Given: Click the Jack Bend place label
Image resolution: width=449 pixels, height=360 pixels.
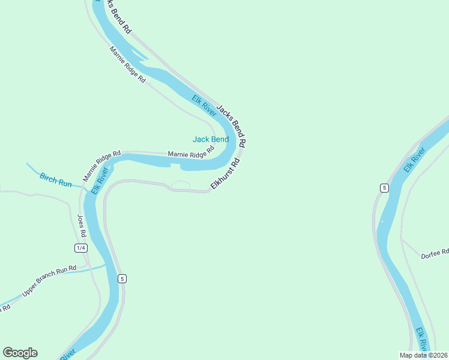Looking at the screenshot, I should point(210,139).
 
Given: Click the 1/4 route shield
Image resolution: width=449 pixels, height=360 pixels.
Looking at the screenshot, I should point(80,248).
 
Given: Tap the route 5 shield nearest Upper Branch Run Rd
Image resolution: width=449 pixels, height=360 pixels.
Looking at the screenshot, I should point(122,278).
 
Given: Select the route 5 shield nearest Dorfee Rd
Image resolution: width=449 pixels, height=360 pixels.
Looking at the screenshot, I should point(384,188).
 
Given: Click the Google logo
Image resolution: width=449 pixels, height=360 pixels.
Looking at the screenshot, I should point(20,353).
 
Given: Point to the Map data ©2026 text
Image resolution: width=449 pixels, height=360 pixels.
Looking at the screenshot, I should point(423,355).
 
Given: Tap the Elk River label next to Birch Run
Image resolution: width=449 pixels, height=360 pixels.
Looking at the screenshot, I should point(100,181).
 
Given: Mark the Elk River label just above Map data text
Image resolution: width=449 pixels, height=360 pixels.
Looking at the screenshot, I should point(422,340).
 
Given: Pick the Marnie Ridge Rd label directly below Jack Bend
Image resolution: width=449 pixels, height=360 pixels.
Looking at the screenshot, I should point(190,154).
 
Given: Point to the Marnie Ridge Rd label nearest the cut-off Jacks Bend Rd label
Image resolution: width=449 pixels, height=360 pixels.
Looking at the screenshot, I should point(127,65).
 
